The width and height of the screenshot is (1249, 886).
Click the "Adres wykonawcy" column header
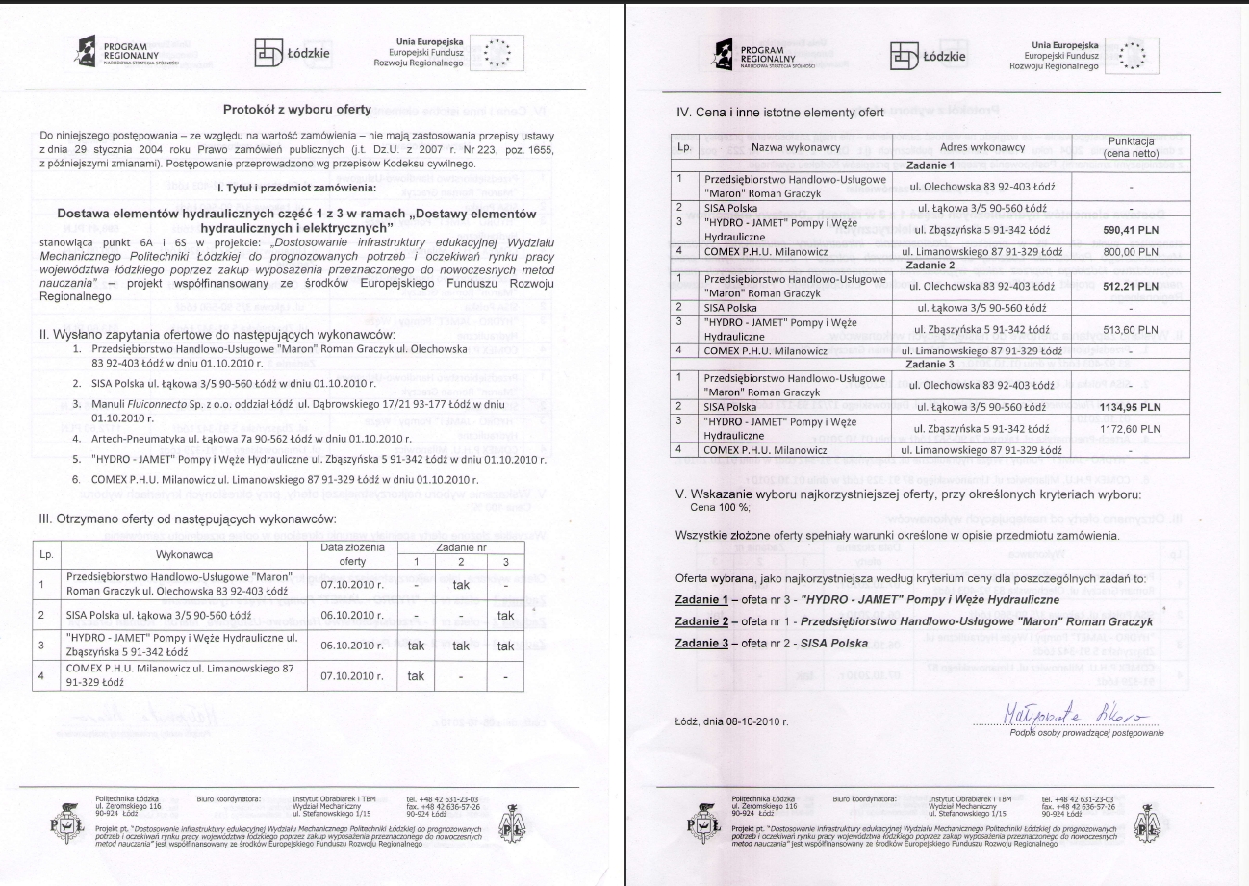(x=988, y=147)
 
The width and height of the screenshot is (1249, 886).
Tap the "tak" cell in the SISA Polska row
(x=505, y=615)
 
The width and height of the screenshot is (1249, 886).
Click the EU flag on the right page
(x=1132, y=54)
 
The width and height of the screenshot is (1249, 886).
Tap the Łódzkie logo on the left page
(x=291, y=54)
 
